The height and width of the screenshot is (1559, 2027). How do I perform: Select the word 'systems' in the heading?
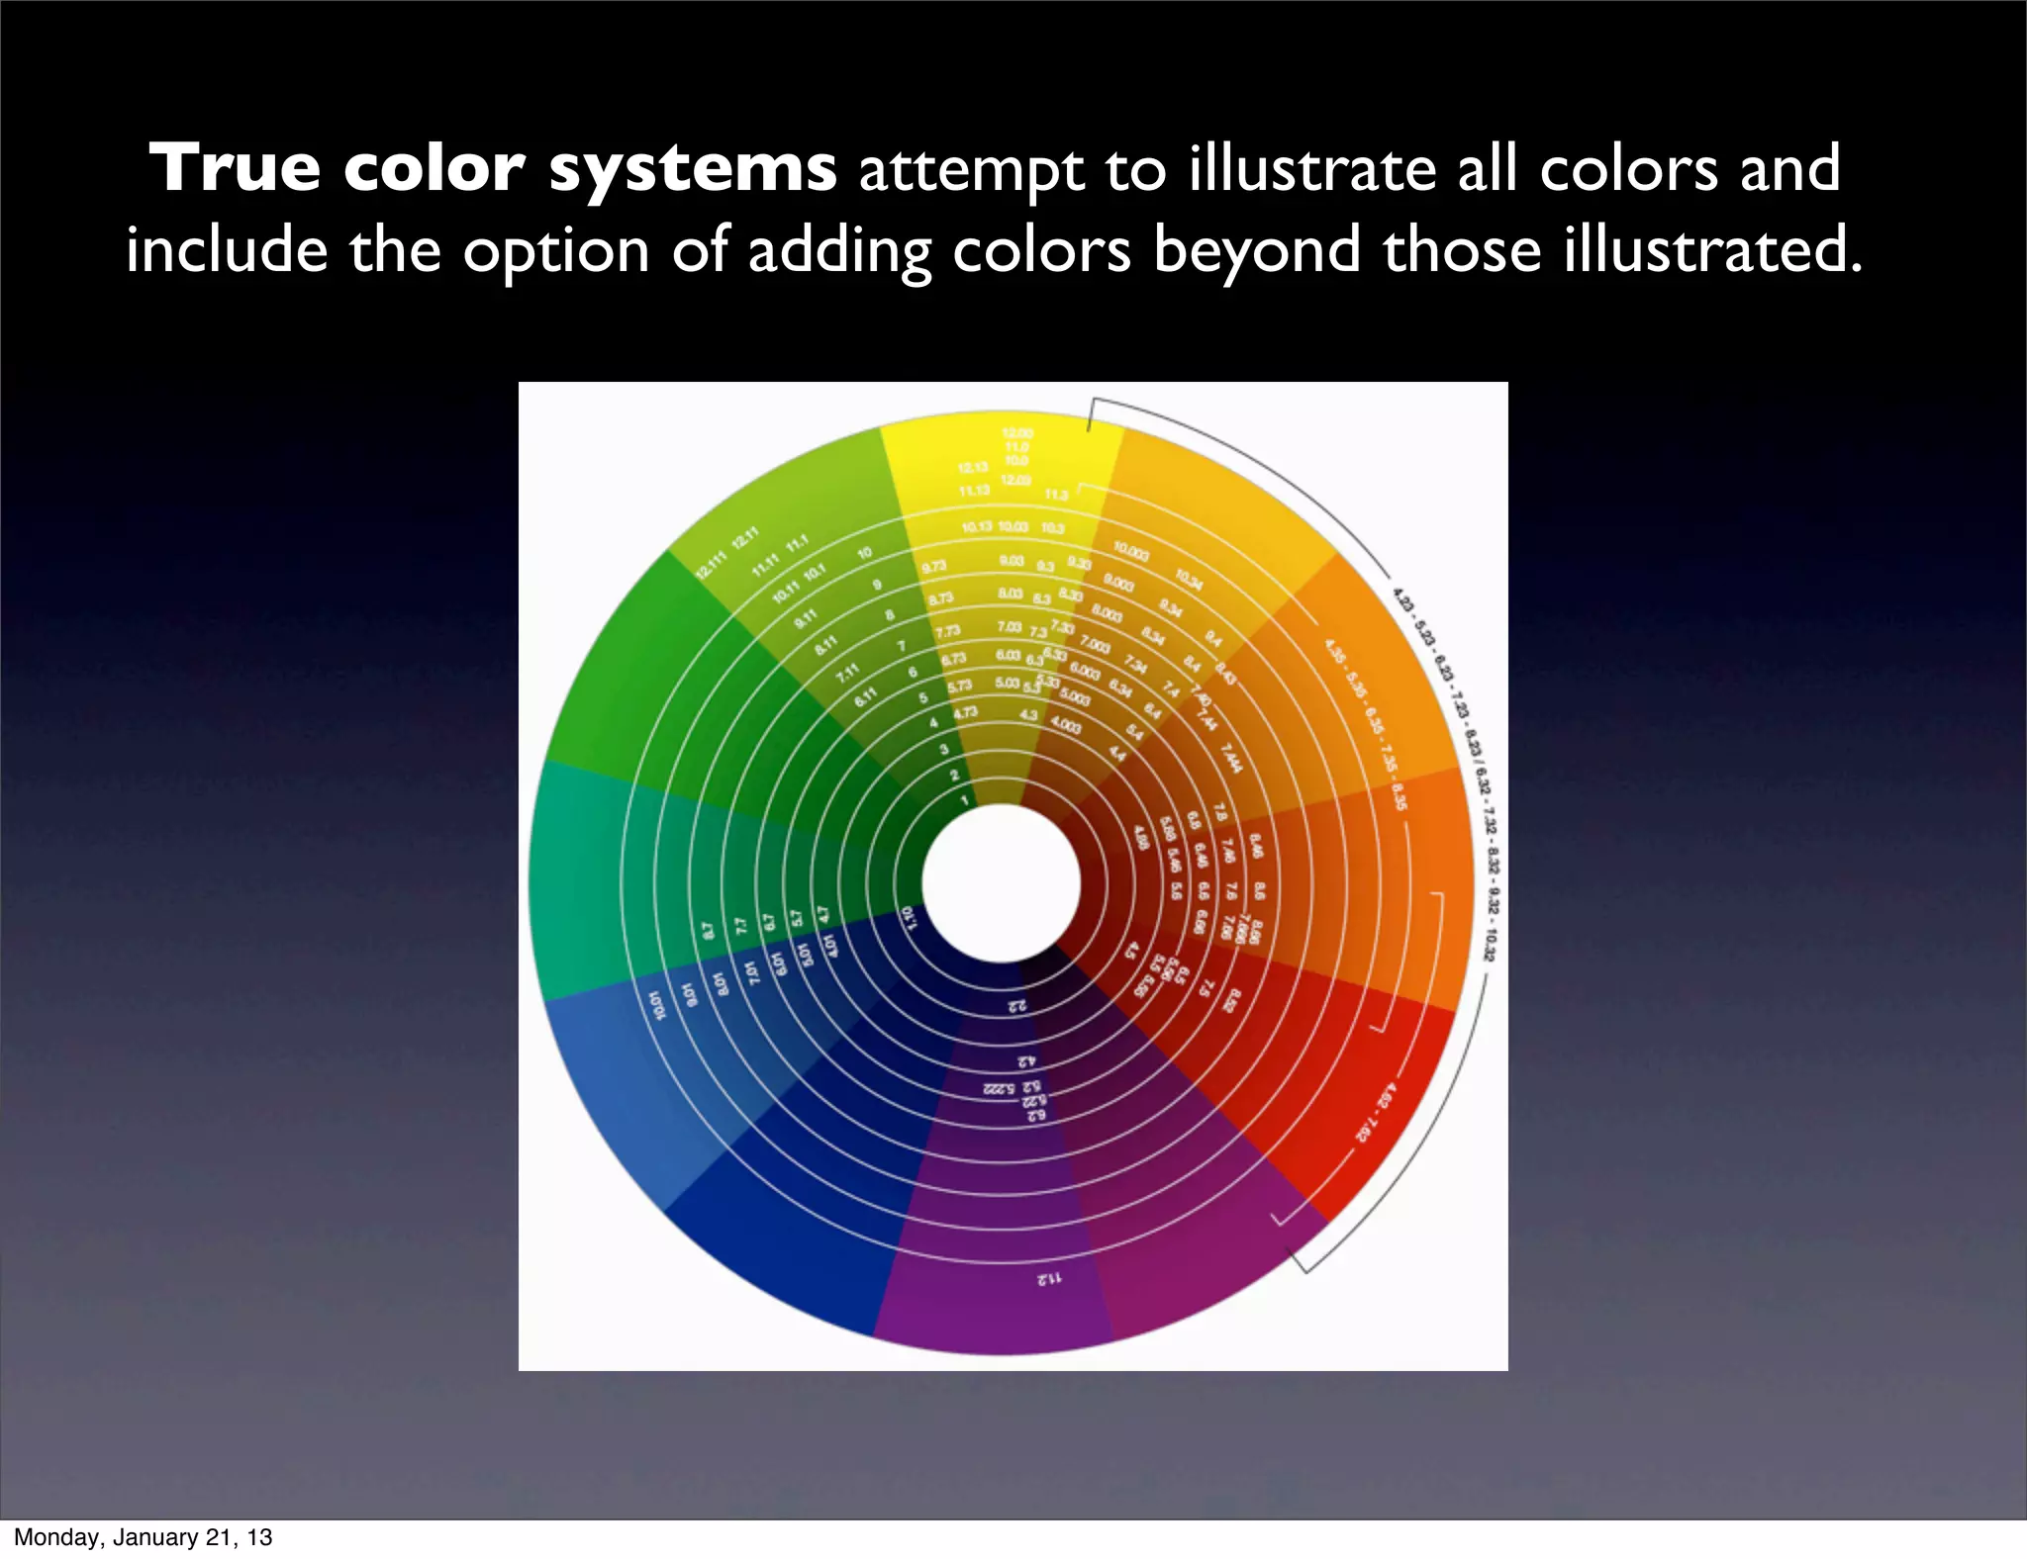(x=693, y=169)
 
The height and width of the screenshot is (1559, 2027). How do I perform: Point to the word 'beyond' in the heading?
(x=1257, y=249)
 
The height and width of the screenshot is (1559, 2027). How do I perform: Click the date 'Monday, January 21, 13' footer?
(x=143, y=1536)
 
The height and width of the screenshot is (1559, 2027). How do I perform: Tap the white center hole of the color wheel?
(x=1001, y=882)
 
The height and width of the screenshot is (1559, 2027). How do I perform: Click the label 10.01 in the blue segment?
(x=656, y=1003)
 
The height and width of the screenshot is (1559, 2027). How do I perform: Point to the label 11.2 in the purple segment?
(x=1049, y=1278)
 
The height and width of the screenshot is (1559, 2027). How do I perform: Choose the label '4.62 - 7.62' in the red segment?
(x=1376, y=1113)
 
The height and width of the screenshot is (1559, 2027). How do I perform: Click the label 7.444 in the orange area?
(x=1230, y=759)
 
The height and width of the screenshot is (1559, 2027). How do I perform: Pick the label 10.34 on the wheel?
(x=1189, y=579)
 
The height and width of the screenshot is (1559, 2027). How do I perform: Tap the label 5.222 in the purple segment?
(x=1000, y=1089)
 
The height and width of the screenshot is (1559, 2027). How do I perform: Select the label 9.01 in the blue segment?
(x=691, y=992)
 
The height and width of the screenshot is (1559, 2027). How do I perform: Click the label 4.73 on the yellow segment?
(x=965, y=711)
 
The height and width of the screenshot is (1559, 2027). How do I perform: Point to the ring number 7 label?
(x=901, y=646)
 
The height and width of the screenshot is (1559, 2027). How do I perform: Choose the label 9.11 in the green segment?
(x=806, y=619)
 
